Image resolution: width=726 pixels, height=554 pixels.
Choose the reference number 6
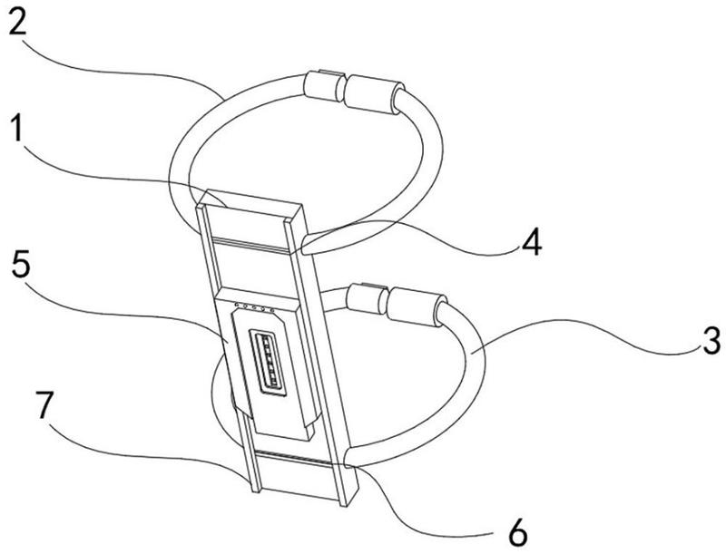[x=517, y=532]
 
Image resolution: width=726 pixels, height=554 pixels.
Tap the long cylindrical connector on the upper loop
[x=374, y=94]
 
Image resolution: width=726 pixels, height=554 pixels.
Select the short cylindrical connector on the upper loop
[x=323, y=87]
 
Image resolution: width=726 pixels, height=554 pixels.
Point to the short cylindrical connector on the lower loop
[x=366, y=297]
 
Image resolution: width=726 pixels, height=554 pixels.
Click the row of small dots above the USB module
[x=255, y=306]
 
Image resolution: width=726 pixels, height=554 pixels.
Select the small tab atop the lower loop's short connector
[x=373, y=287]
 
